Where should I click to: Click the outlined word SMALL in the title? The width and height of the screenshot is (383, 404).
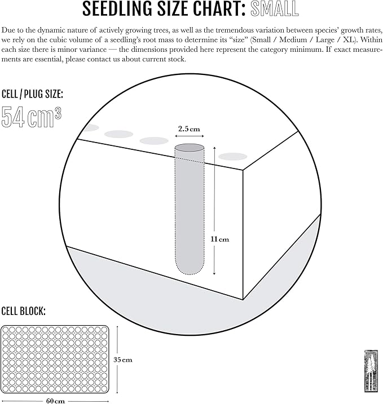coord(275,9)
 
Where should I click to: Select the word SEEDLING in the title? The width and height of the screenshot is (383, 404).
coord(118,9)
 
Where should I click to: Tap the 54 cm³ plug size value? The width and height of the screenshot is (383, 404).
coord(32,117)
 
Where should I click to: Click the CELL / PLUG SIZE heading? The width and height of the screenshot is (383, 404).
coord(32,94)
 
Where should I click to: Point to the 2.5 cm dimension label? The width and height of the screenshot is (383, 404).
coord(189,129)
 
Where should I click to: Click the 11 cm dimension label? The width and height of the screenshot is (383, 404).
coord(220,239)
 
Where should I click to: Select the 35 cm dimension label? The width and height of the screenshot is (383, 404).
coord(123,359)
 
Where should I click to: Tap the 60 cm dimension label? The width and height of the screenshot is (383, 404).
coord(55,401)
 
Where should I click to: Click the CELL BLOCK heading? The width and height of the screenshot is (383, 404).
coord(24,311)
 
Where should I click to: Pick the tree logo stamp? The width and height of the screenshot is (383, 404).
coord(371,371)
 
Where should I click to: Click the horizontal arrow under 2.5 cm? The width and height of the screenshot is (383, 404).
coord(190,136)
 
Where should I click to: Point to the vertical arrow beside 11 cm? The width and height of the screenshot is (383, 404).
coord(214,211)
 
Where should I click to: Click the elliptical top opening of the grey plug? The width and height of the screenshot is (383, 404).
coord(190,148)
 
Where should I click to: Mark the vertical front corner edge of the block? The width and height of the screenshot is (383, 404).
coord(243,234)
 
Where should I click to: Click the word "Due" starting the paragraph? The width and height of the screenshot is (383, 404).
coord(8,30)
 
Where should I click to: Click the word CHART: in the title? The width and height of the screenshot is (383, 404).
coord(219,9)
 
